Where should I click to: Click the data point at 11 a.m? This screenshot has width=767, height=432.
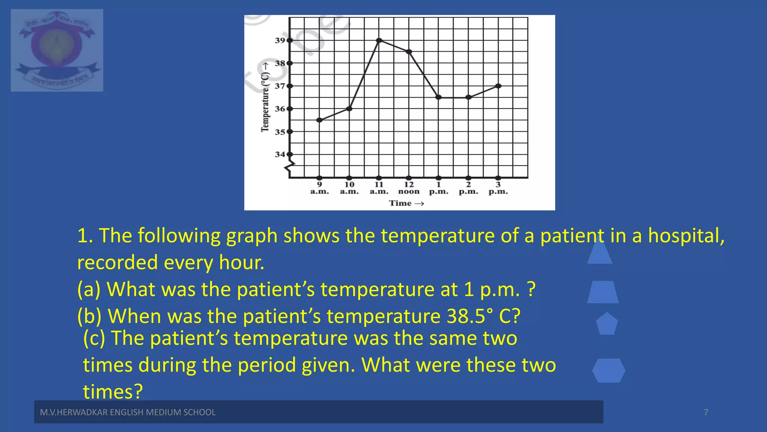379,40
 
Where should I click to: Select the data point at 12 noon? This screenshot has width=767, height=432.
409,52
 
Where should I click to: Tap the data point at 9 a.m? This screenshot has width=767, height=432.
319,120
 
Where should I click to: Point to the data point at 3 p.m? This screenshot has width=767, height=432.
498,86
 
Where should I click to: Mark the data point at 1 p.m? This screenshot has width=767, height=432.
439,97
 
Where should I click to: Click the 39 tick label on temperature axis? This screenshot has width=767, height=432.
280,40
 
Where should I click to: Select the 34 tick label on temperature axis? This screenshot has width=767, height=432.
280,154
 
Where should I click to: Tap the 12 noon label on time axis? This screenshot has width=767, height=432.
409,188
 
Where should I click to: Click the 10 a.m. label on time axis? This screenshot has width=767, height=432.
349,188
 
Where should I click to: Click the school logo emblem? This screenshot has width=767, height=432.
57,50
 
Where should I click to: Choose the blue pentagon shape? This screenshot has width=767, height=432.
607,324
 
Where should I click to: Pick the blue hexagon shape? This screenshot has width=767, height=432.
609,370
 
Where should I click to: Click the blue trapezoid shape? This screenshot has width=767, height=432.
603,292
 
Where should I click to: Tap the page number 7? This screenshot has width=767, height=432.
706,412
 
